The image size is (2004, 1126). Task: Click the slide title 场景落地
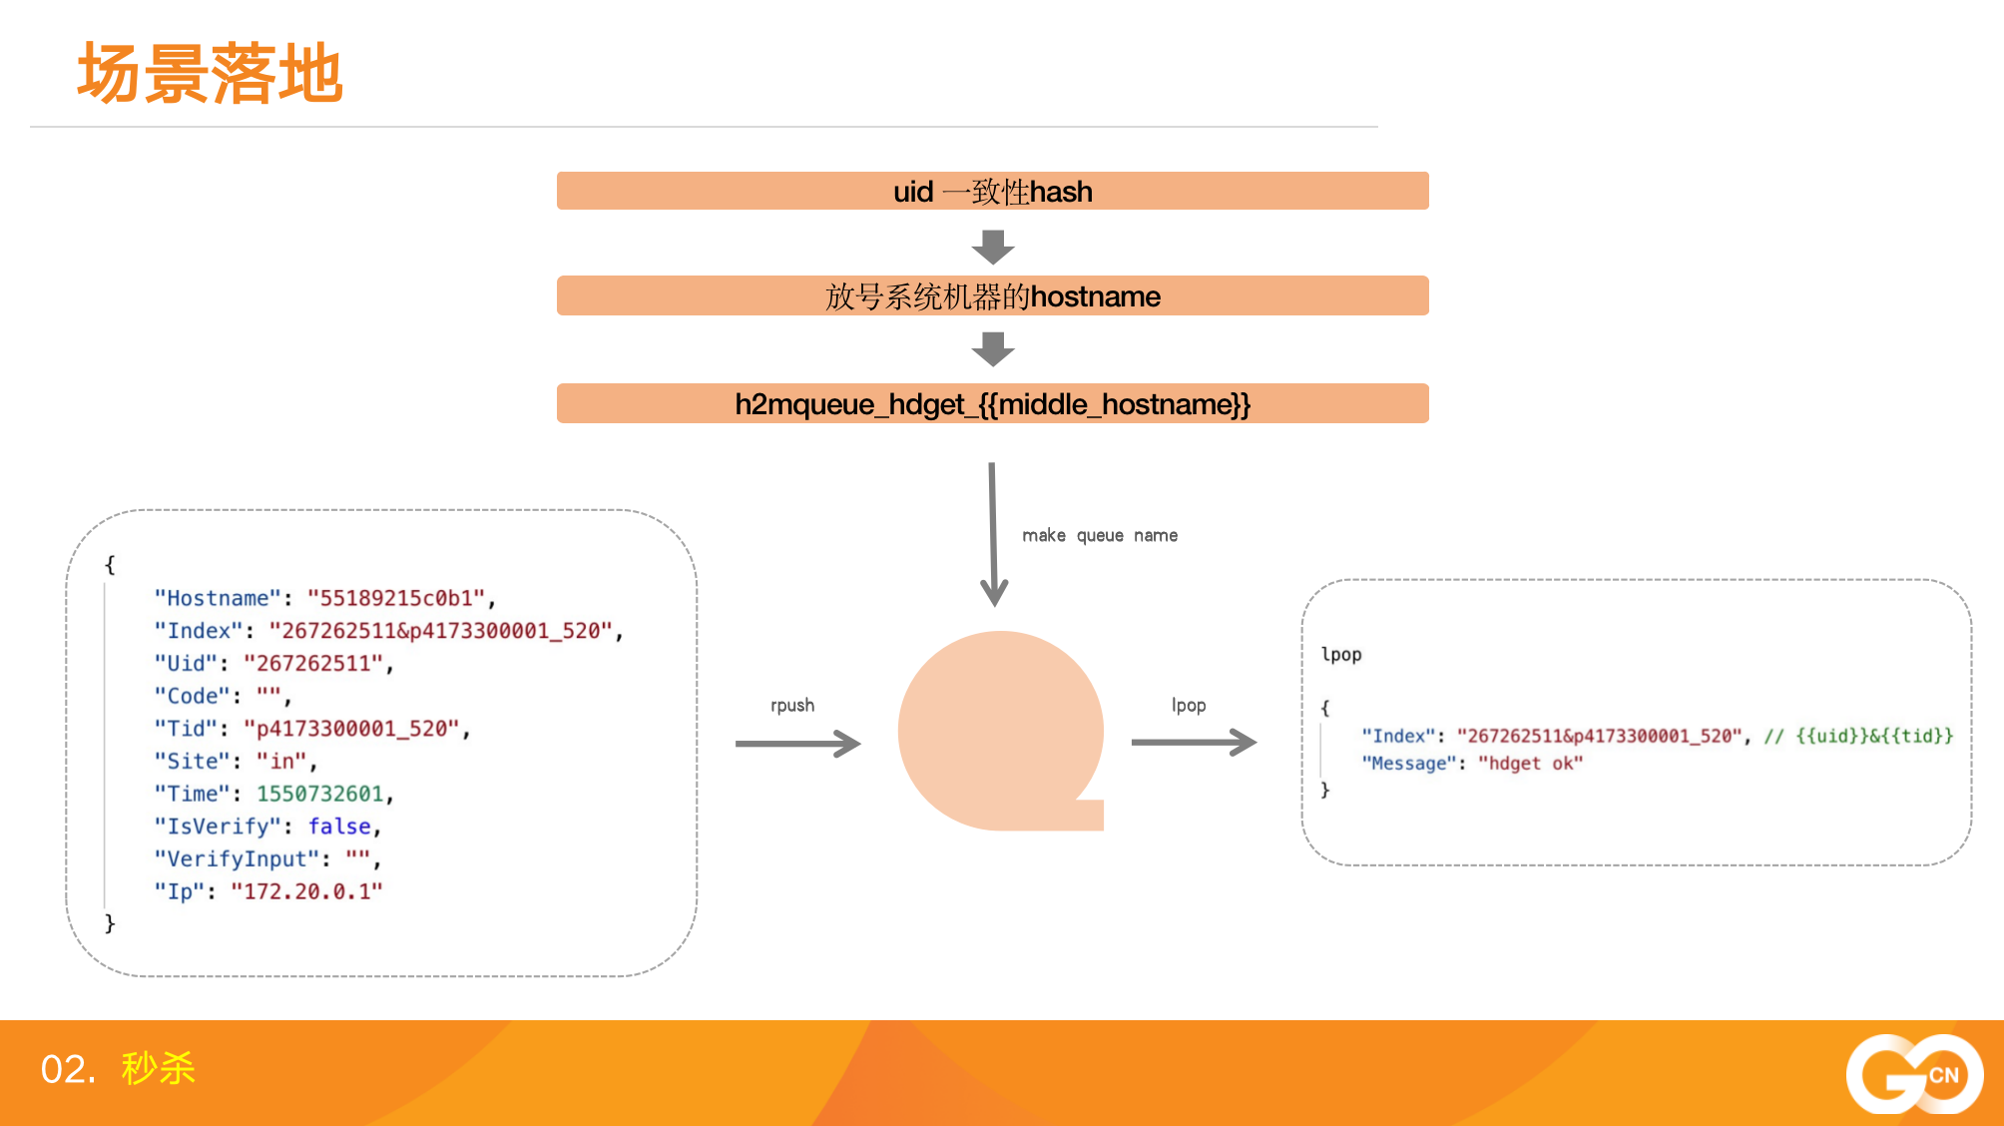click(211, 74)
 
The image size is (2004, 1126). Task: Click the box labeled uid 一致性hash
click(993, 191)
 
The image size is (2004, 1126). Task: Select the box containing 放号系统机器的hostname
click(993, 295)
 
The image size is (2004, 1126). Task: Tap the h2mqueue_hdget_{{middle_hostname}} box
click(993, 403)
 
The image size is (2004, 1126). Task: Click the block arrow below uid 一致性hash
click(993, 247)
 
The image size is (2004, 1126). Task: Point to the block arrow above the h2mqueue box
click(993, 349)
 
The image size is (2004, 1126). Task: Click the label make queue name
click(1100, 536)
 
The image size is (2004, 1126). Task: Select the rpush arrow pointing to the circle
click(797, 744)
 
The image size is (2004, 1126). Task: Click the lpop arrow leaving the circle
click(1194, 743)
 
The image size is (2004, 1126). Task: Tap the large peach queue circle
click(1001, 731)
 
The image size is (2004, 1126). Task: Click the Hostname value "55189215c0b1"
click(396, 598)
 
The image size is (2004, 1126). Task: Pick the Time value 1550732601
click(320, 794)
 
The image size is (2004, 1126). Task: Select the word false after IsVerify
click(339, 827)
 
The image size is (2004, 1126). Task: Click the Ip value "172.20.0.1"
click(306, 891)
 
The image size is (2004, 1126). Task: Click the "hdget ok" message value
click(1530, 764)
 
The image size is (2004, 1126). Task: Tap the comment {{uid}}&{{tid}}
click(1874, 736)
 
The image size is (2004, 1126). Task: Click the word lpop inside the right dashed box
click(1341, 655)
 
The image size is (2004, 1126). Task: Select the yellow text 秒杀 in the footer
click(159, 1069)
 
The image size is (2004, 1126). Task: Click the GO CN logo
click(1914, 1074)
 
